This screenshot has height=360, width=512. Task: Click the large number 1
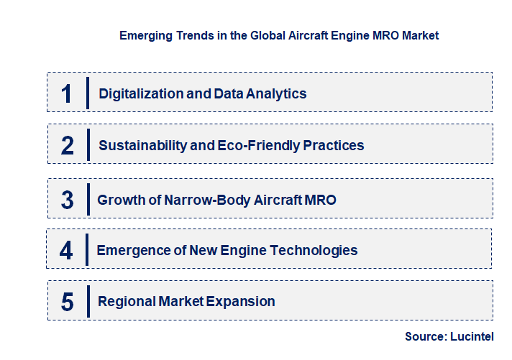pyautogui.click(x=67, y=93)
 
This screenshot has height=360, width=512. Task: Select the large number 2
pyautogui.click(x=68, y=146)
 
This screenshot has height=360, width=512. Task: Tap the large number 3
pyautogui.click(x=68, y=200)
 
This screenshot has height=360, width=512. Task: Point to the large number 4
pyautogui.click(x=67, y=251)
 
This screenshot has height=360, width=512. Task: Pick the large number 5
pyautogui.click(x=68, y=302)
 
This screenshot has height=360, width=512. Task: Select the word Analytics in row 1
pyautogui.click(x=276, y=93)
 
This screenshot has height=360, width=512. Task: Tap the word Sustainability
pyautogui.click(x=142, y=146)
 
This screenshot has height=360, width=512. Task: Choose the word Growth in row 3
pyautogui.click(x=119, y=200)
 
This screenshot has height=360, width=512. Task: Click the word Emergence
pyautogui.click(x=132, y=251)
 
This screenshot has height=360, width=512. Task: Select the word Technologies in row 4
pyautogui.click(x=318, y=251)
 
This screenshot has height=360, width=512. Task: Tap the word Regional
pyautogui.click(x=125, y=302)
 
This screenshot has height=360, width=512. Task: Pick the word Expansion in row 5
pyautogui.click(x=241, y=302)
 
